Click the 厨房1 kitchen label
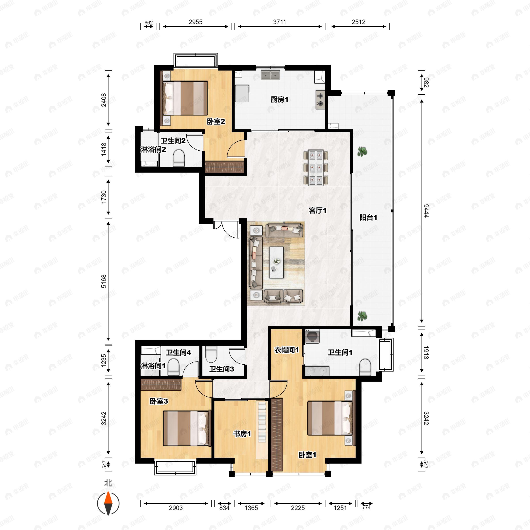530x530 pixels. (x=279, y=100)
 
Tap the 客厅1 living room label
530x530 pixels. (x=317, y=210)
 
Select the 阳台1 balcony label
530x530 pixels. (x=368, y=218)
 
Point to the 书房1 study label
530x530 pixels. (x=242, y=434)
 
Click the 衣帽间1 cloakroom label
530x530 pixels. (x=286, y=350)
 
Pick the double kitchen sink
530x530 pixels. (x=271, y=75)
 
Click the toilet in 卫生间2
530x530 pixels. (x=179, y=158)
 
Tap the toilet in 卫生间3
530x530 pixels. (x=211, y=354)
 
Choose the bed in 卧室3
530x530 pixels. (x=186, y=428)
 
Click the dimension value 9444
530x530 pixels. (x=426, y=211)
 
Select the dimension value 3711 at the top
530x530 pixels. (x=280, y=22)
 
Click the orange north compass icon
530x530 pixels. (x=108, y=504)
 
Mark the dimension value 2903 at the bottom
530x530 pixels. (x=176, y=508)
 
